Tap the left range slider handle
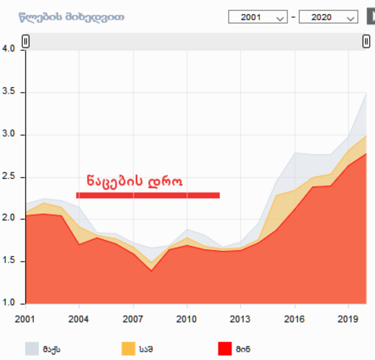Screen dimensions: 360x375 pos(25,41)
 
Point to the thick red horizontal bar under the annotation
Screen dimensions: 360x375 pos(148,196)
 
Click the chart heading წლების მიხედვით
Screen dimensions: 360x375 pos(71,17)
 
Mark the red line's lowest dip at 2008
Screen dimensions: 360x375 pos(151,271)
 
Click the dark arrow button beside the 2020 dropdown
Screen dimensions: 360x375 pos(368,17)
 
